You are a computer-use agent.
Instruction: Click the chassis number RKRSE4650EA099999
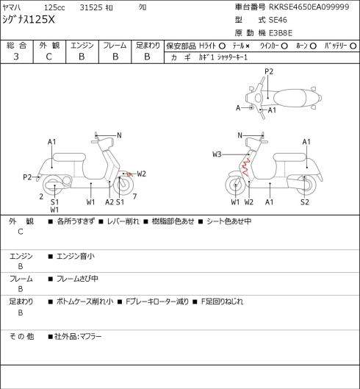pos(309,7)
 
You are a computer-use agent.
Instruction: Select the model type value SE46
pos(278,20)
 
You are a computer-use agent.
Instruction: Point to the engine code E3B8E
pos(281,33)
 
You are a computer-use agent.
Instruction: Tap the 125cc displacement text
pos(54,7)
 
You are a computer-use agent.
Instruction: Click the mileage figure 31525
pos(91,7)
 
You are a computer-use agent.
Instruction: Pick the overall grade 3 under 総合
pos(16,57)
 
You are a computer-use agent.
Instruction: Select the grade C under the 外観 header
pos(48,57)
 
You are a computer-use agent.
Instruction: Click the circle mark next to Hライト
pos(222,46)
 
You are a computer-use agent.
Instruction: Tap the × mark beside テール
pos(248,46)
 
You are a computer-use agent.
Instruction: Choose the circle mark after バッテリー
pos(353,46)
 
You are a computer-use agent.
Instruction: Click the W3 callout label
pos(217,154)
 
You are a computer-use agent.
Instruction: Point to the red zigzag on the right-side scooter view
pos(245,167)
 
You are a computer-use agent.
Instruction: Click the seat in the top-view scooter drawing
pos(289,98)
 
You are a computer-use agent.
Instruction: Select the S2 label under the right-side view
pos(305,202)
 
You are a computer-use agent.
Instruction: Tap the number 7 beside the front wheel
pos(134,196)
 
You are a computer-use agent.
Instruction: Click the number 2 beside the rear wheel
pos(41,196)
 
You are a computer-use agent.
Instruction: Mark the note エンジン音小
pos(76,256)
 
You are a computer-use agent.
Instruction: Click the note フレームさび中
pos(77,279)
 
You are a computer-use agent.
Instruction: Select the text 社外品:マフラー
pos(78,337)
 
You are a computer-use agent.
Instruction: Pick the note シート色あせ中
pos(228,221)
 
